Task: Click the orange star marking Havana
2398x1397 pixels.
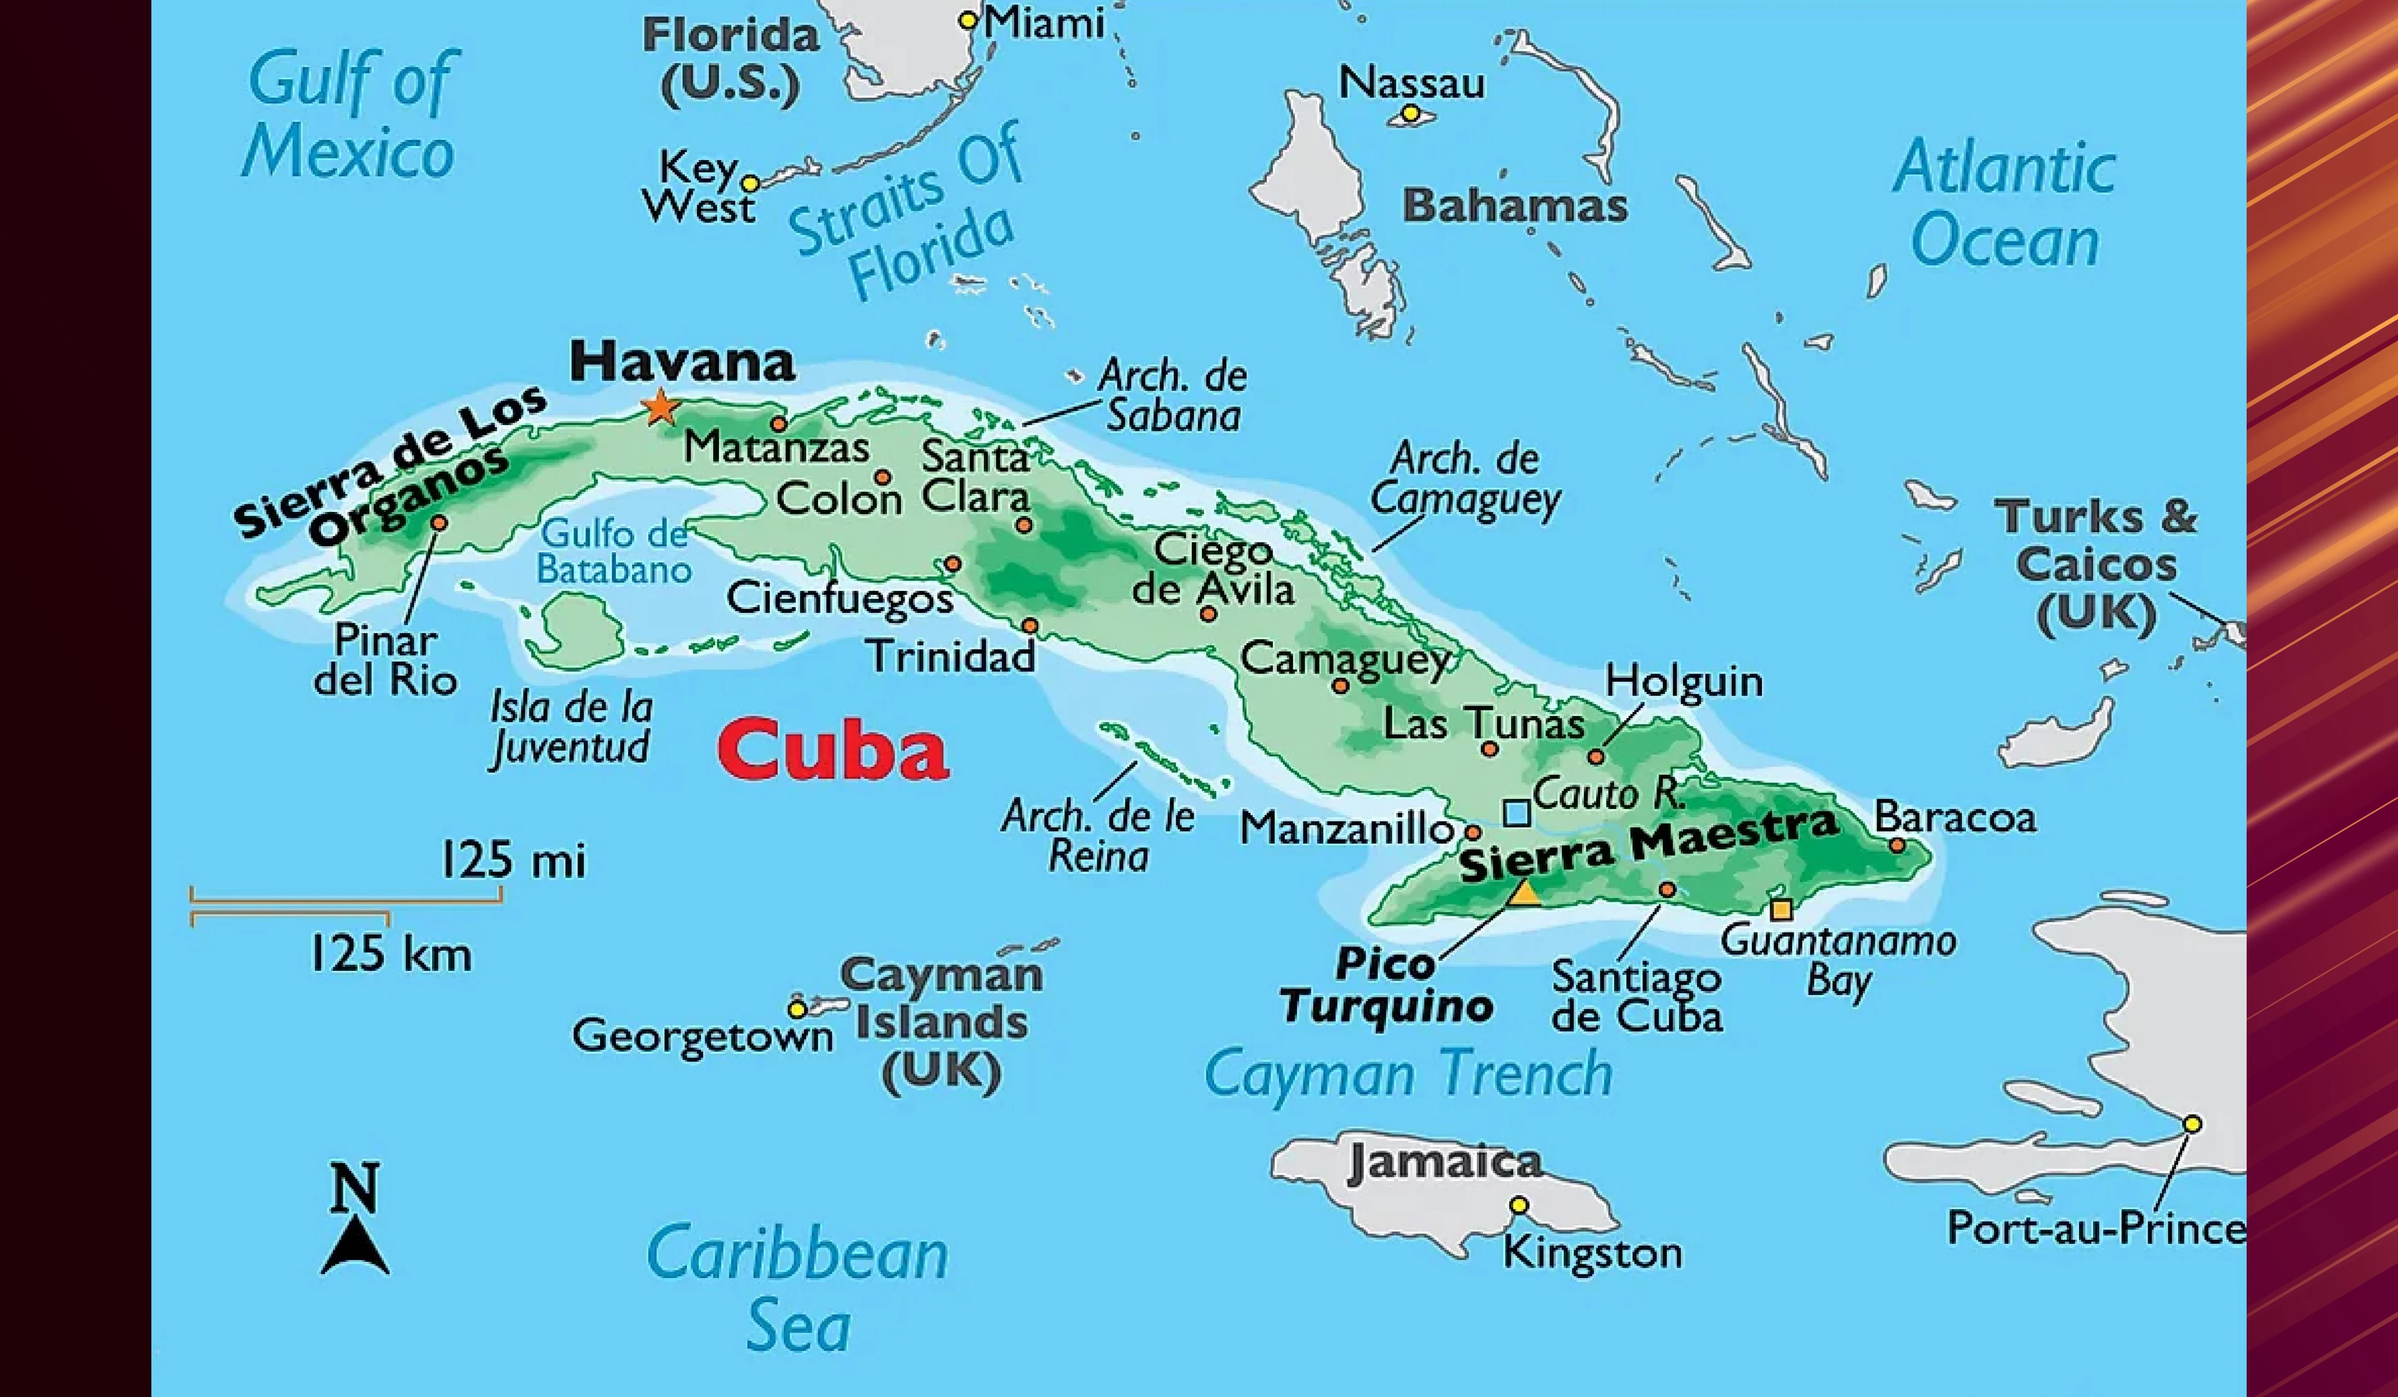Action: pyautogui.click(x=660, y=408)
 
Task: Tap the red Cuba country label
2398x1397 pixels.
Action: pyautogui.click(x=833, y=750)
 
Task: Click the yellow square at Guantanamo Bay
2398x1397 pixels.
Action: pyautogui.click(x=1780, y=910)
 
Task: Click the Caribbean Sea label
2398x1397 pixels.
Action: pyautogui.click(x=797, y=1289)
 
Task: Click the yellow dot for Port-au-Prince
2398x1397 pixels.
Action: pyautogui.click(x=2192, y=1124)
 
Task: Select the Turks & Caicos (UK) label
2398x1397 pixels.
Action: pyautogui.click(x=2096, y=565)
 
